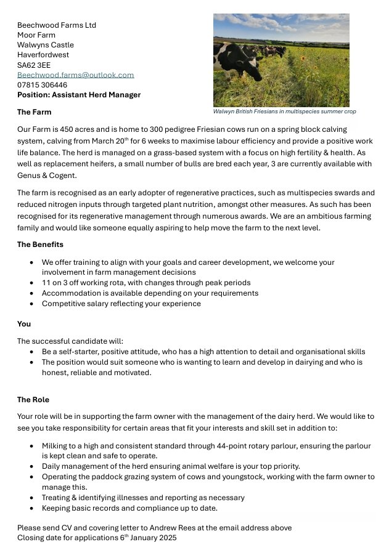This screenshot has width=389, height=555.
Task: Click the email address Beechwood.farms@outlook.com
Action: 75,75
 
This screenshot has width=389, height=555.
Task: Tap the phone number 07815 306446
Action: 42,85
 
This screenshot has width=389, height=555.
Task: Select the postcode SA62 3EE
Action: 34,65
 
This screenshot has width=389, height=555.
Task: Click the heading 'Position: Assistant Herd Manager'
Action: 79,95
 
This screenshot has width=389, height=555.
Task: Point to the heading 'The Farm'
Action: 34,112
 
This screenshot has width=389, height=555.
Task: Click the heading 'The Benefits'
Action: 40,245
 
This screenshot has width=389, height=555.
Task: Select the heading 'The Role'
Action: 33,400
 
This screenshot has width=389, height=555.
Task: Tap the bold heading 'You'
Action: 23,323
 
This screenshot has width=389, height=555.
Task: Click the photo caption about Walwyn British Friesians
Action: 284,111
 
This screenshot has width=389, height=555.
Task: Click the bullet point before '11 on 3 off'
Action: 32,283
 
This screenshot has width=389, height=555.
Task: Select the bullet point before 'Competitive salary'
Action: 32,304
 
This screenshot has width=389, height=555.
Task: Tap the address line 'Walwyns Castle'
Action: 45,45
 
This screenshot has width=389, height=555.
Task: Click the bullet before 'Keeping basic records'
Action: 32,508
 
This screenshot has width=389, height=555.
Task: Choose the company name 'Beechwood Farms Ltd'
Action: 57,25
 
